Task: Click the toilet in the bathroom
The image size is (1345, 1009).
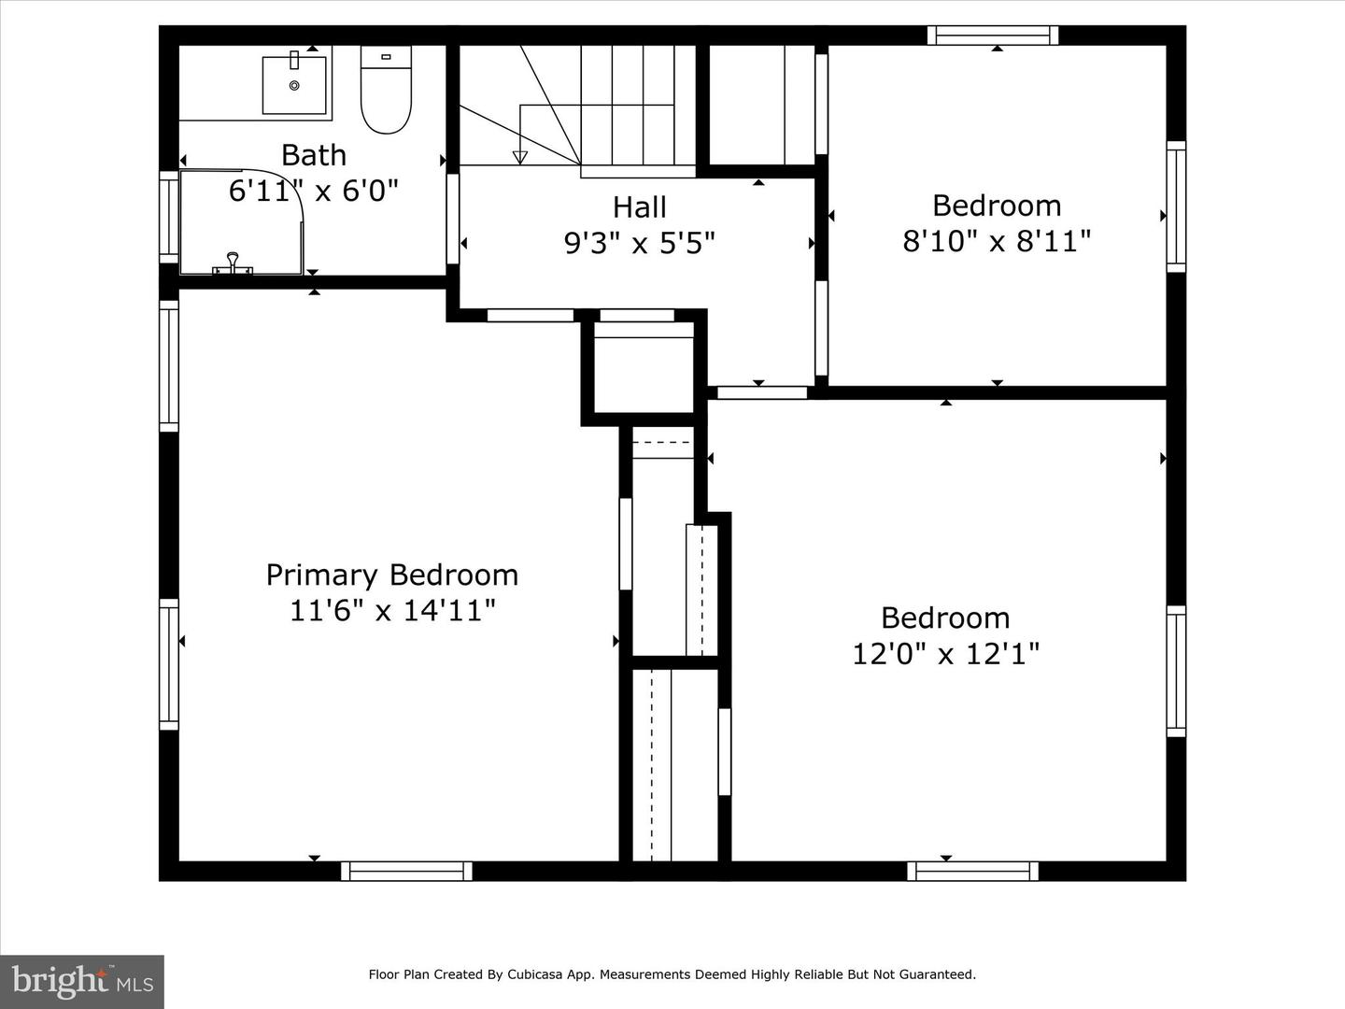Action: [x=386, y=91]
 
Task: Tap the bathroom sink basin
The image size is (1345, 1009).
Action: [x=294, y=84]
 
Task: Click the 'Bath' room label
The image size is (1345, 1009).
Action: [x=314, y=155]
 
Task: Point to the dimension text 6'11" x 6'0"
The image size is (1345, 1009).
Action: [x=314, y=191]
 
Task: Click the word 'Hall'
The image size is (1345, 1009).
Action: [x=640, y=206]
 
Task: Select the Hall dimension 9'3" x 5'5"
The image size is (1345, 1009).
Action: [x=640, y=243]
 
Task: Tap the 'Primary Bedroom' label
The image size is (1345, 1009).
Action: [x=392, y=575]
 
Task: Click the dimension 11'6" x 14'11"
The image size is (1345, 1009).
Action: [x=392, y=610]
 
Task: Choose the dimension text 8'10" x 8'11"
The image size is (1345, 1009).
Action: [x=997, y=241]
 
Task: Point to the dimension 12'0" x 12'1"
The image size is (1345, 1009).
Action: [x=945, y=653]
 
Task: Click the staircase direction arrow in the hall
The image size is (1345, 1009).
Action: [x=520, y=157]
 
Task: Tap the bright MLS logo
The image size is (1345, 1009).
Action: [x=82, y=981]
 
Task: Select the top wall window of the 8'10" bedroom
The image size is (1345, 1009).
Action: [x=993, y=36]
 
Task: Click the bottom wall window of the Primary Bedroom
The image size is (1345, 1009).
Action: [x=406, y=871]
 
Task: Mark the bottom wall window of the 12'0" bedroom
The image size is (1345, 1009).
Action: [x=972, y=871]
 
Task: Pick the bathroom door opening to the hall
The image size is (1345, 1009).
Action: [x=453, y=219]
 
